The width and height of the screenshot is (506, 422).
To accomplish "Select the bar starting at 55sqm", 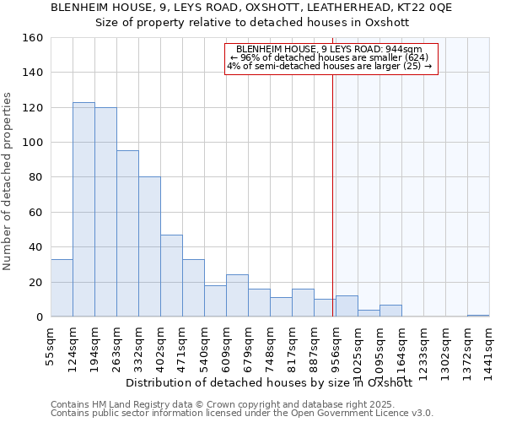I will point(62,288).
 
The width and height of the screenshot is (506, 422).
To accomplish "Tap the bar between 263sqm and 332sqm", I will point(127,234).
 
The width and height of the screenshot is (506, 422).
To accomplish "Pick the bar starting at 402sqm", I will point(171,275).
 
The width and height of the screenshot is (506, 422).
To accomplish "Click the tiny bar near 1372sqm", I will point(478,316).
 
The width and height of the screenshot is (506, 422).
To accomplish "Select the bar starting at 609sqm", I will point(237,295).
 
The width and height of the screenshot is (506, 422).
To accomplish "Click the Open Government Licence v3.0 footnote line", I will point(242,414).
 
